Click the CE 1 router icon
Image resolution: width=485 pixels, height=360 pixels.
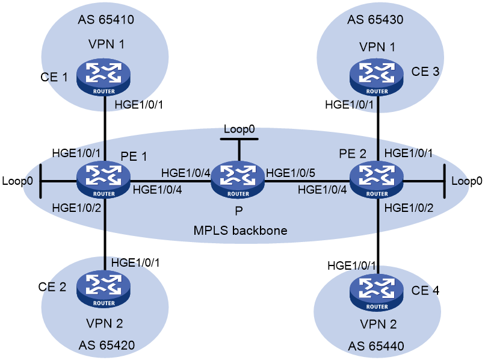tap(103, 77)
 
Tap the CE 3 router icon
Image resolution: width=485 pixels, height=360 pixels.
tap(377, 77)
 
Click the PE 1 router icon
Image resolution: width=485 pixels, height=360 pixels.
tap(103, 179)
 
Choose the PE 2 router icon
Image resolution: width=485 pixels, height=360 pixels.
tap(377, 179)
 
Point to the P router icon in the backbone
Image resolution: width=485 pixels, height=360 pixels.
tap(238, 179)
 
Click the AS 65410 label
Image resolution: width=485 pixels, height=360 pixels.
tap(106, 20)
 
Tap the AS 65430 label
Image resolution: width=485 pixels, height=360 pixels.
tap(375, 20)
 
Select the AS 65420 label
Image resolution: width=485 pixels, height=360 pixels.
tap(107, 346)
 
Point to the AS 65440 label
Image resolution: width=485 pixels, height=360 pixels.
tap(376, 346)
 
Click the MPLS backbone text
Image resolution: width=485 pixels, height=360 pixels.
tap(240, 231)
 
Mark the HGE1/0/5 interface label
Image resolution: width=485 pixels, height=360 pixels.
tap(291, 173)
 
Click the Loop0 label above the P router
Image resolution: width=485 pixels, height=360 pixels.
tap(239, 129)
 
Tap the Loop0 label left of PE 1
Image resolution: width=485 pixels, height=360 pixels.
tap(17, 181)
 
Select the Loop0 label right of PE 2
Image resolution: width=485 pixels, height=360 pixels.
tap(467, 181)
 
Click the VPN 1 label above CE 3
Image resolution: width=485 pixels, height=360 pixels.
tap(377, 47)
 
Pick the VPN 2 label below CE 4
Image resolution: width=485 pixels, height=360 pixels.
tap(378, 324)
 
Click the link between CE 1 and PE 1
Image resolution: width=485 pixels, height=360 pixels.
tap(105, 128)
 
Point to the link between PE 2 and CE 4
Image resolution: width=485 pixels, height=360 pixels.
tap(378, 236)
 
